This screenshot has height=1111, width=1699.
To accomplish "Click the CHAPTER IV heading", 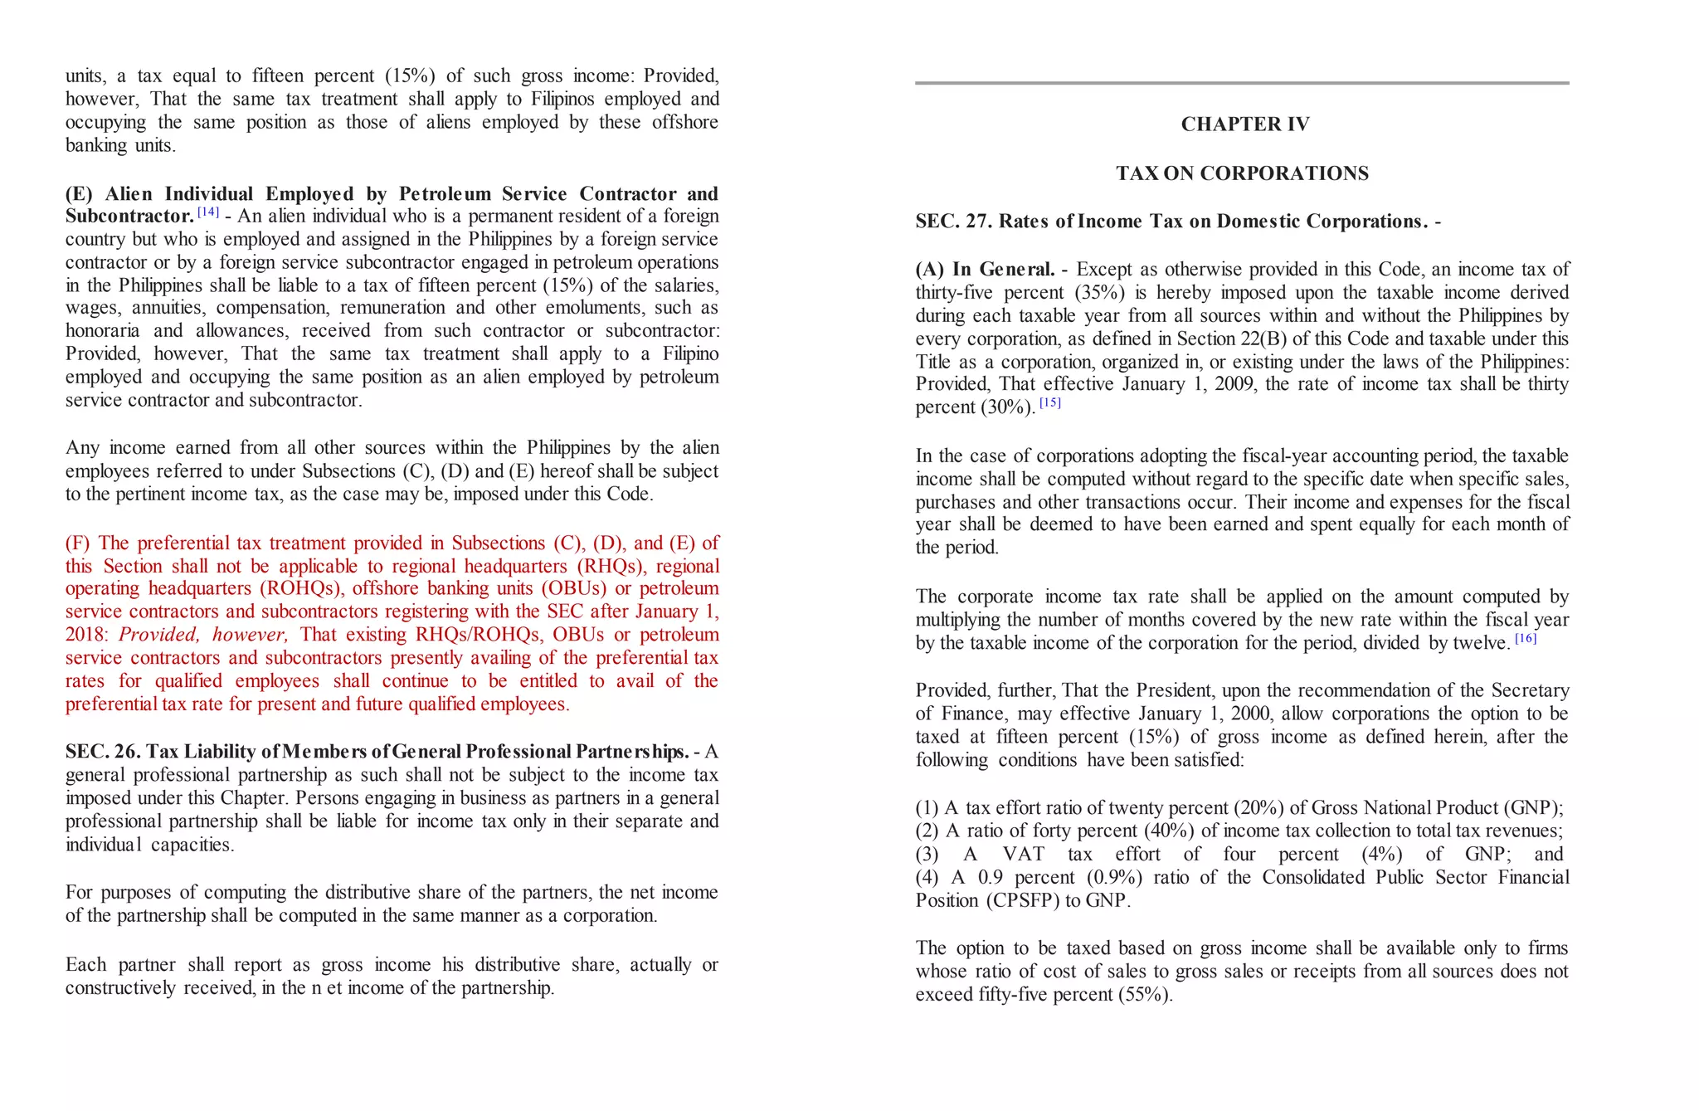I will click(x=1244, y=124).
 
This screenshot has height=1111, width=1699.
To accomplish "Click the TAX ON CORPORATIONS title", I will click(x=1242, y=173).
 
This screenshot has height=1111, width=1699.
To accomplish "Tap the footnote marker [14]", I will click(x=208, y=212).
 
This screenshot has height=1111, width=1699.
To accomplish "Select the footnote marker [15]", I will click(x=1049, y=403).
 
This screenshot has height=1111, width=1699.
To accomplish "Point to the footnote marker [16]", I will click(x=1525, y=638).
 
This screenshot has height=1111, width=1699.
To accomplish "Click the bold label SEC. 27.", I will click(x=954, y=222).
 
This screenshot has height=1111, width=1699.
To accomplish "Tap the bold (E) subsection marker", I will click(x=79, y=194).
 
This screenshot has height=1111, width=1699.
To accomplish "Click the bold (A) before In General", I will click(x=929, y=270).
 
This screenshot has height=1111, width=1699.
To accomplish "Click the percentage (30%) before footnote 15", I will click(x=1008, y=407).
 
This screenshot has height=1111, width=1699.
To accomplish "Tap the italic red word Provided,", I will click(x=158, y=636).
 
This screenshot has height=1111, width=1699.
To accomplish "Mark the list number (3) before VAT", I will click(x=927, y=855).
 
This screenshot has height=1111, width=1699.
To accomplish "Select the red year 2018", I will click(x=85, y=636).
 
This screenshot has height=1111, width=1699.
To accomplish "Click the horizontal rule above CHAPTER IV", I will click(x=1242, y=83).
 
